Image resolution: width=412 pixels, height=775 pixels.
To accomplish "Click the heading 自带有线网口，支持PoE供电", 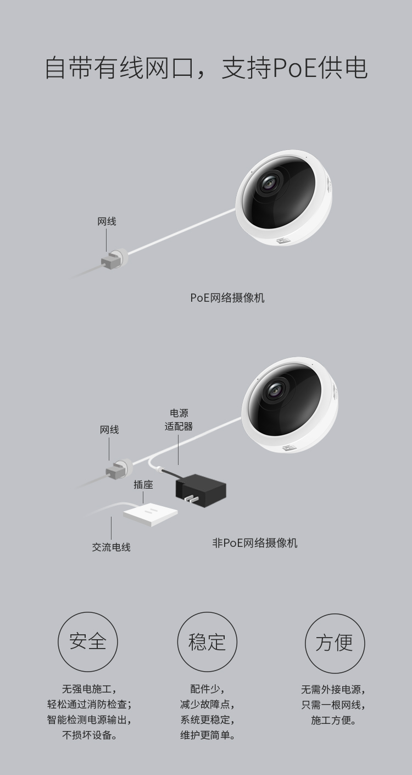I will point(206,67).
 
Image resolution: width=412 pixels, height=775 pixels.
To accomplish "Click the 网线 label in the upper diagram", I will point(107,222).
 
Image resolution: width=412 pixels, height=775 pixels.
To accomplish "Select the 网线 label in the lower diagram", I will point(109,429).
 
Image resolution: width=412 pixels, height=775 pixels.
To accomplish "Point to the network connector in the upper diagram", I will point(113,259).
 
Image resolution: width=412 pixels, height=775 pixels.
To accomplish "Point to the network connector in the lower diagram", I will point(116,468).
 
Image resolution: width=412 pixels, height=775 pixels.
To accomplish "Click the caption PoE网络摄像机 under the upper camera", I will point(227,297).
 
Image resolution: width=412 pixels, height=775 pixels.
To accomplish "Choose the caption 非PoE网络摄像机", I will point(255,542).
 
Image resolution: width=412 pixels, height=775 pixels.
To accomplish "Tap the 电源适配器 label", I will point(179,419).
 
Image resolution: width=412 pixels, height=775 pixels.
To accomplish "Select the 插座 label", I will point(143,484).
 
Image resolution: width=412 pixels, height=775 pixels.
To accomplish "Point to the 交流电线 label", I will point(111,547).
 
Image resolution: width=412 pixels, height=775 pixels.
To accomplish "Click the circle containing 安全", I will point(88,641).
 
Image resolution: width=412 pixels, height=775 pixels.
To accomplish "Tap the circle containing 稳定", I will point(207,641).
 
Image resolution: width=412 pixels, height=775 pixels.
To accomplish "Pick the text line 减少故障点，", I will point(207,704).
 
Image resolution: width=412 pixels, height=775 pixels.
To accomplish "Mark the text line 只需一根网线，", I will point(333,704).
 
